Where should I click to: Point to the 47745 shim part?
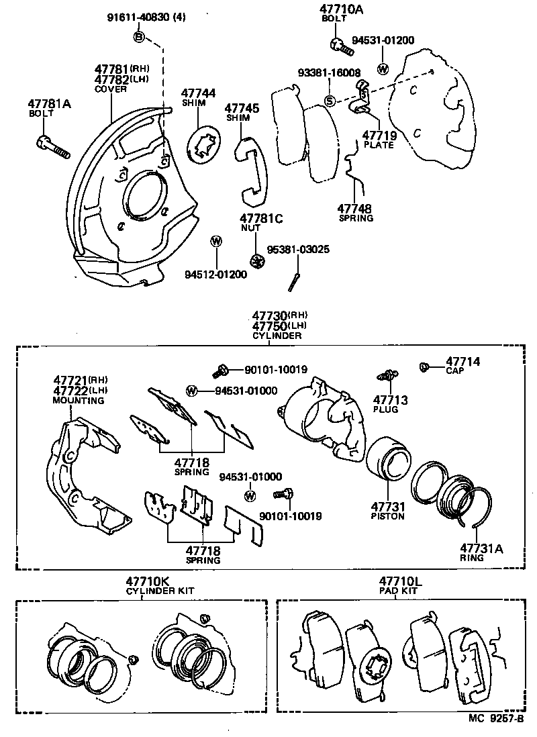coord(252,171)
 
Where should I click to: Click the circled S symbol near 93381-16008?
coord(330,101)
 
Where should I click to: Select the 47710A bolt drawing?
coord(340,46)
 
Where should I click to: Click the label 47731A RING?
coord(481,552)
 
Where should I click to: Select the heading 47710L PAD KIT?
coord(401,585)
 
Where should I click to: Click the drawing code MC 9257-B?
coord(496,719)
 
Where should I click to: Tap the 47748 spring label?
coord(355,213)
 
